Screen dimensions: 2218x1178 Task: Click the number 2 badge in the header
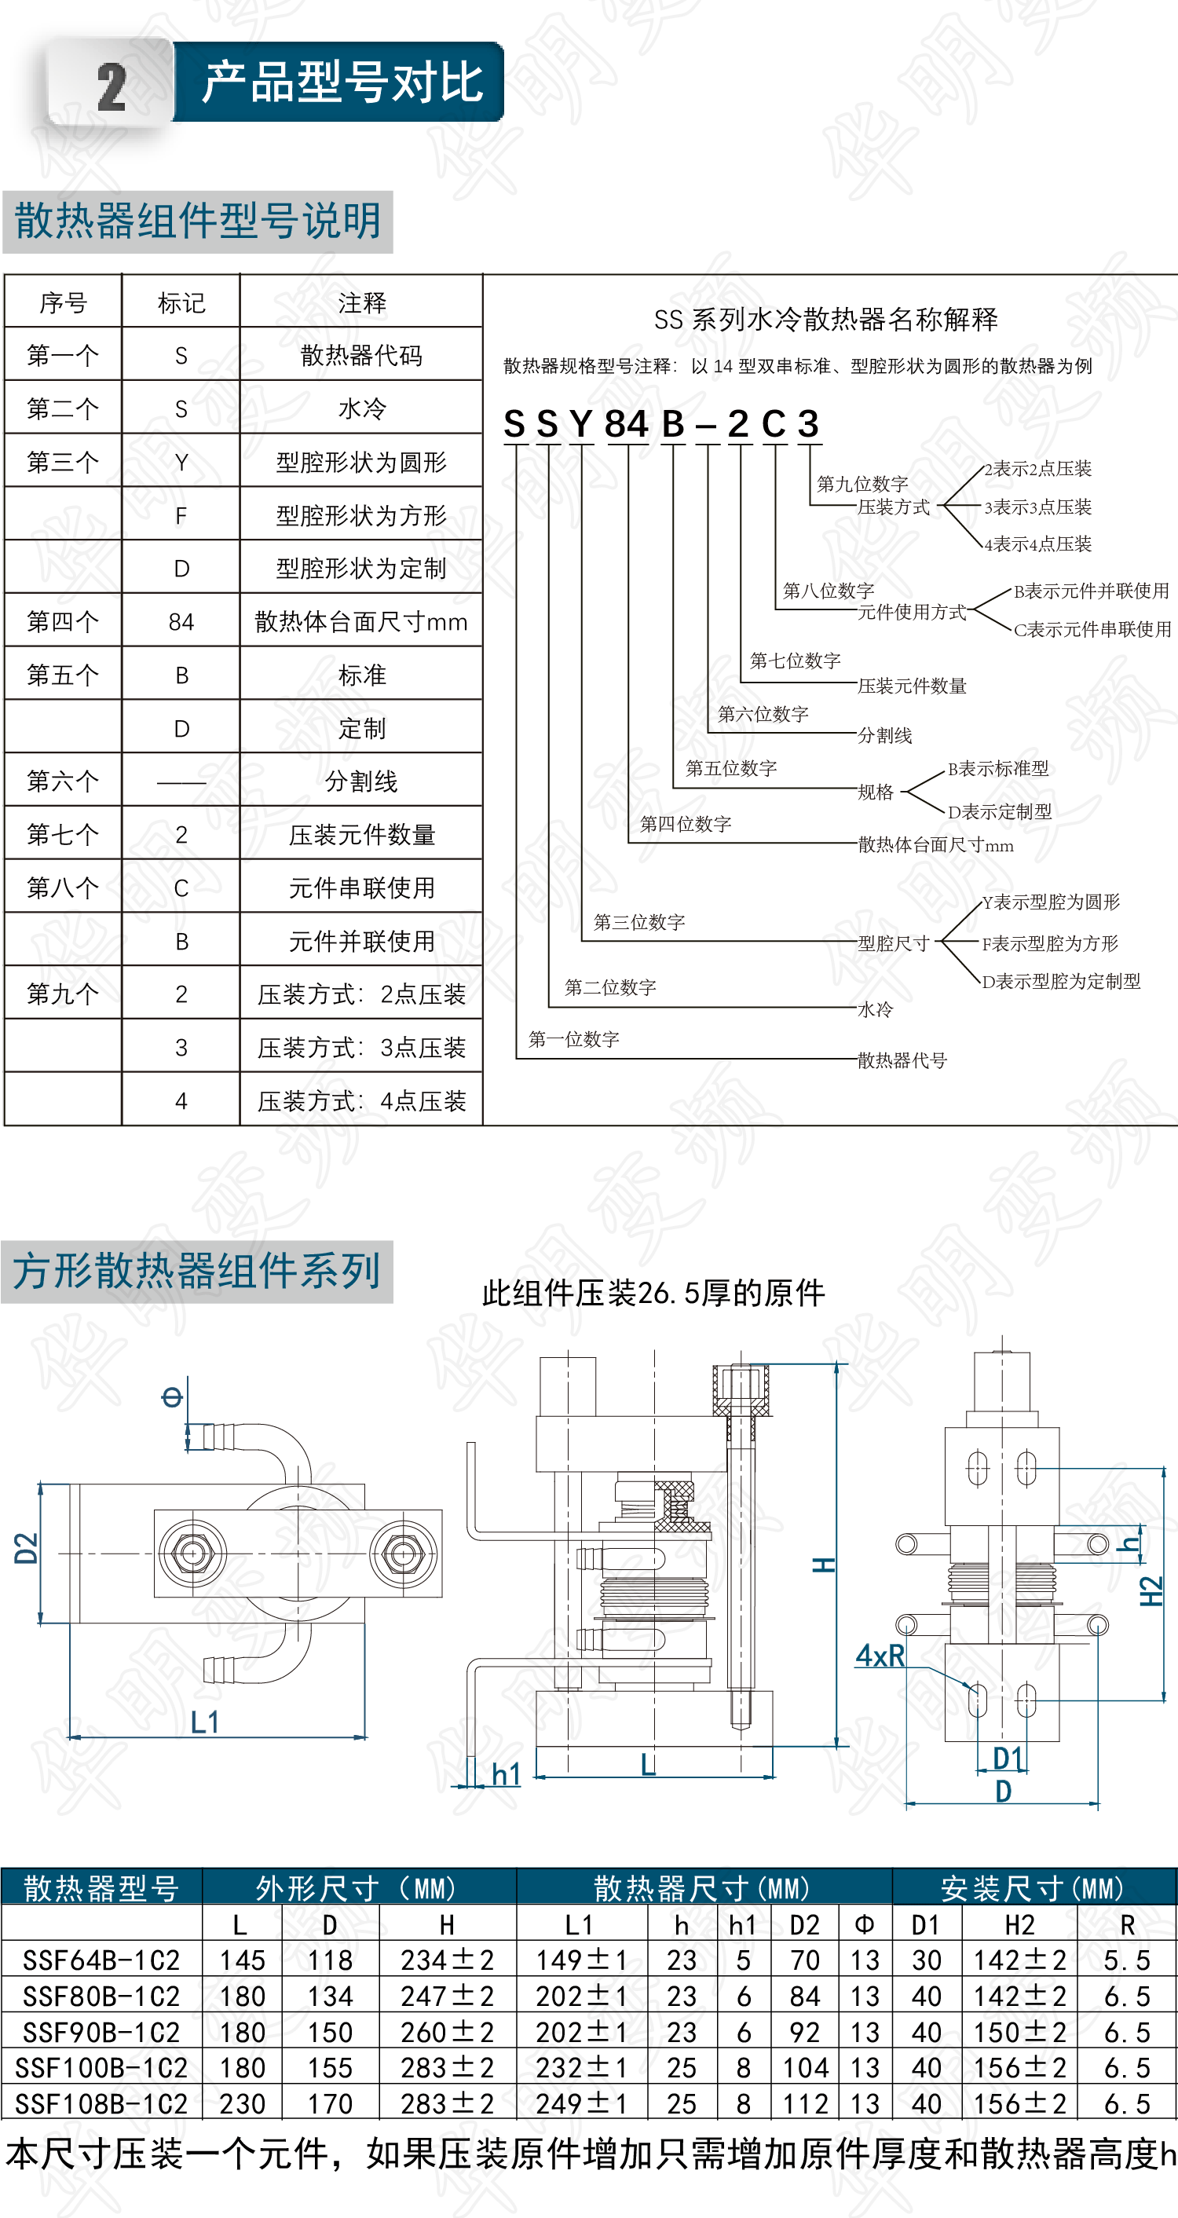pos(111,87)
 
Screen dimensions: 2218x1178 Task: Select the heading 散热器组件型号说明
pos(198,221)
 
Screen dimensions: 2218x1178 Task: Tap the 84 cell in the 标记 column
pos(181,622)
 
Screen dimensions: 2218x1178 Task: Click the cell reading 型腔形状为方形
pos(360,515)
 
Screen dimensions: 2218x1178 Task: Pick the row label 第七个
pos(63,833)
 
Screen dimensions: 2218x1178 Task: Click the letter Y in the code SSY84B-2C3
pos(581,423)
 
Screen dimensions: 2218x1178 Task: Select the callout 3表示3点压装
pos(1037,507)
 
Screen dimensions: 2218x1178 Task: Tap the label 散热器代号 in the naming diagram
pos(902,1060)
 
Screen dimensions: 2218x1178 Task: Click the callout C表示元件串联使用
pos(1092,629)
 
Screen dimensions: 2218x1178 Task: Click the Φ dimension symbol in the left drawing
pos(172,1396)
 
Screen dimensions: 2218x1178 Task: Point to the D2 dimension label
pos(27,1548)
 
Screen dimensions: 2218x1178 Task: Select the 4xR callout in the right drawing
pos(880,1655)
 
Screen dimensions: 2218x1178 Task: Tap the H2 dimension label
pos(1151,1591)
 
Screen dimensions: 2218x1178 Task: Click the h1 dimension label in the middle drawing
pos(506,1773)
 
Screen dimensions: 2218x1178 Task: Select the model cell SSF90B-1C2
pos(101,2032)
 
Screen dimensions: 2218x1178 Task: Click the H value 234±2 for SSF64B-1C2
pos(447,1960)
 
